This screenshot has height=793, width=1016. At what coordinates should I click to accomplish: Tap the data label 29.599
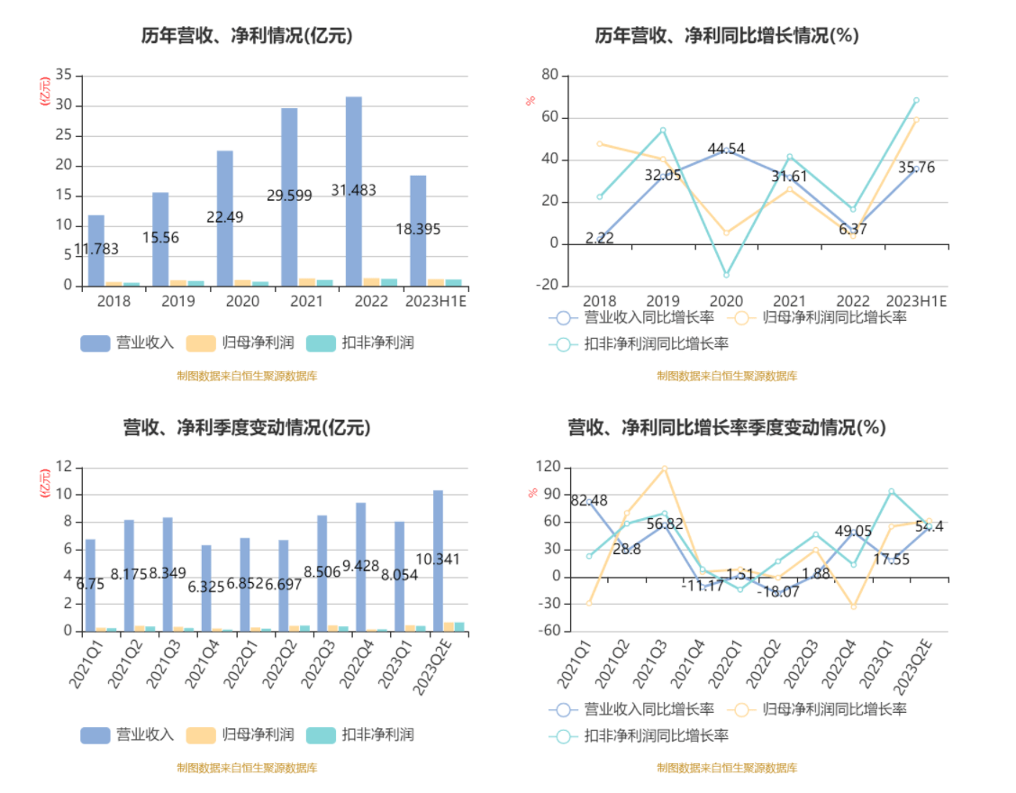coord(289,195)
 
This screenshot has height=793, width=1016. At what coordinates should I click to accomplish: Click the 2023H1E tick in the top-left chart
coord(436,301)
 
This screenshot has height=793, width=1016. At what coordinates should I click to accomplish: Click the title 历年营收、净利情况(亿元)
coord(247,36)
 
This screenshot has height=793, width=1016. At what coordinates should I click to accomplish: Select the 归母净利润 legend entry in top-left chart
coord(239,343)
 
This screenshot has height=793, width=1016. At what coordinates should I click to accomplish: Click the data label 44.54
coord(726,149)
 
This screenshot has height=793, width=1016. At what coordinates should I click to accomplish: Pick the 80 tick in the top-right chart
coord(549,75)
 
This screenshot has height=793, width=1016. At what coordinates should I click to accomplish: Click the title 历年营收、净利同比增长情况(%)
coord(727,36)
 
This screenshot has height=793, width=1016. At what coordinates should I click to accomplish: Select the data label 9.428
coord(360,565)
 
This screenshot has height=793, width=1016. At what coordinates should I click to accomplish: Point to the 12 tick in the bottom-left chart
coord(64,467)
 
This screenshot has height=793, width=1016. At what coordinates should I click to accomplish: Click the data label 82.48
coord(589,500)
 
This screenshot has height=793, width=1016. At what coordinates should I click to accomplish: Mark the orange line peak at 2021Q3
coord(665,469)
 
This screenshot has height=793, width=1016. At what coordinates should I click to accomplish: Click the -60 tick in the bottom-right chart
coord(548,631)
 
